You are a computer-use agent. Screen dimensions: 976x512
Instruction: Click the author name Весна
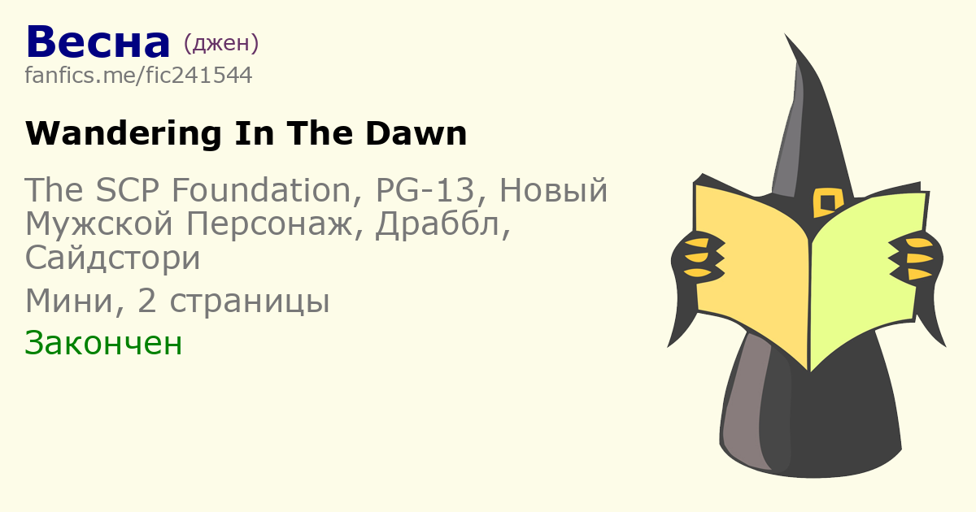pos(98,42)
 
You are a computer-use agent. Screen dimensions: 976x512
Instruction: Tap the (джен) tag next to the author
pos(221,43)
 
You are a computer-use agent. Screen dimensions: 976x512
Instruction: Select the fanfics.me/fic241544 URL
pos(138,75)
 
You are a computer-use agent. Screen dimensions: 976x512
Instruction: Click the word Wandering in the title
pos(124,133)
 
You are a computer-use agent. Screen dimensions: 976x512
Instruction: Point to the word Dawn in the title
pos(416,133)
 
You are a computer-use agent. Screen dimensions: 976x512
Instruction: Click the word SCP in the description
pos(127,190)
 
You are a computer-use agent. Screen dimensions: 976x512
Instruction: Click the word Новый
pos(553,190)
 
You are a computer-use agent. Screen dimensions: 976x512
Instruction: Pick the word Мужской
pos(99,224)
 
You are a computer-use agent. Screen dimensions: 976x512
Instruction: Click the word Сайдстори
pos(112,258)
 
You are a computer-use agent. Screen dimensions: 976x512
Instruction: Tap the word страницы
pos(249,302)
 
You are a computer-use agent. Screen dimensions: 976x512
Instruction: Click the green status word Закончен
pos(103,343)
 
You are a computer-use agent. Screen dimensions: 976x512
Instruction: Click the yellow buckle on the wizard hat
pos(828,202)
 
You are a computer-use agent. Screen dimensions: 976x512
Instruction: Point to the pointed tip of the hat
pos(785,34)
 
